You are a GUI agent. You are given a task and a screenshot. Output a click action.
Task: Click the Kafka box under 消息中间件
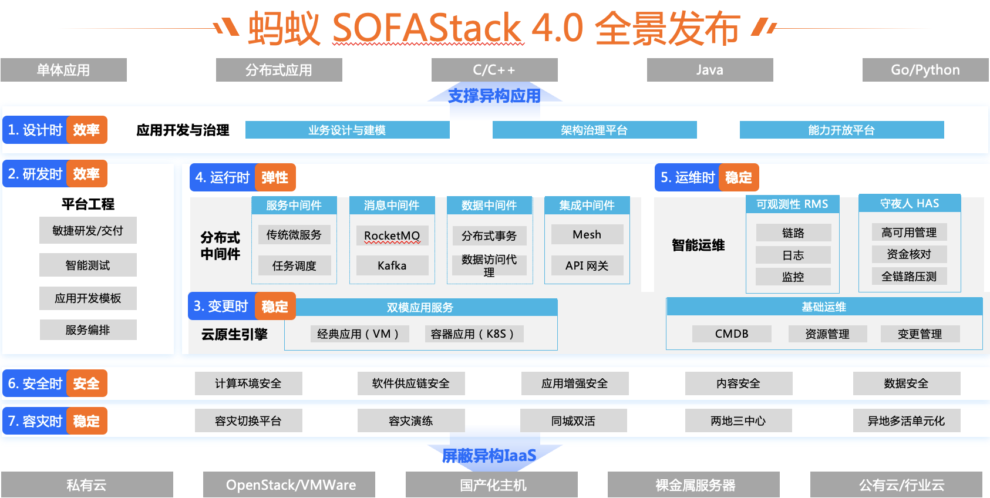pyautogui.click(x=392, y=265)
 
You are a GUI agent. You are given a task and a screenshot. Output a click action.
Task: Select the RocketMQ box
pyautogui.click(x=392, y=235)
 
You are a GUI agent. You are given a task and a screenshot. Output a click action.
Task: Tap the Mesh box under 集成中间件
pyautogui.click(x=587, y=234)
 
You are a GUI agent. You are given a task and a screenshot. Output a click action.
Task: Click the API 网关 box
pyautogui.click(x=587, y=265)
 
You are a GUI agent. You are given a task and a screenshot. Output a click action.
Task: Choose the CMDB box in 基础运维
pyautogui.click(x=732, y=334)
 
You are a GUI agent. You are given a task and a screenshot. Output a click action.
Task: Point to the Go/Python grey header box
pyautogui.click(x=925, y=70)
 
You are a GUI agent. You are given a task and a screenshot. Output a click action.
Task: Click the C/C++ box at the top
pyautogui.click(x=494, y=70)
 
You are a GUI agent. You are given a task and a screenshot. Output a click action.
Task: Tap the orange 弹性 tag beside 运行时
pyautogui.click(x=275, y=177)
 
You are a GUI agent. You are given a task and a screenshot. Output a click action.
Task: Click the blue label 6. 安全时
pyautogui.click(x=35, y=383)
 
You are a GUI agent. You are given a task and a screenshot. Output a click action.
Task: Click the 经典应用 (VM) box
pyautogui.click(x=359, y=334)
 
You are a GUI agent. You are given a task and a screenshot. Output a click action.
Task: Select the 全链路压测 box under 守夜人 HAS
pyautogui.click(x=909, y=276)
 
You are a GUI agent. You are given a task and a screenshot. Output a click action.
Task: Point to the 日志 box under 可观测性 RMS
pyautogui.click(x=793, y=255)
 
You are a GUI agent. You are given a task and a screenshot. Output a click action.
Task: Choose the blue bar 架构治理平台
pyautogui.click(x=594, y=130)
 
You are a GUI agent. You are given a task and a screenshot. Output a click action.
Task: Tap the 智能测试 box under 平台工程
pyautogui.click(x=88, y=265)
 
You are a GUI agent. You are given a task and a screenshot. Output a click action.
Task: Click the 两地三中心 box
pyautogui.click(x=738, y=420)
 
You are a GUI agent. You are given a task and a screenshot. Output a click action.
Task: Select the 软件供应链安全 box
pyautogui.click(x=411, y=383)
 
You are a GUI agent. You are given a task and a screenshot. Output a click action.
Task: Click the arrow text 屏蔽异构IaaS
pyautogui.click(x=489, y=455)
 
